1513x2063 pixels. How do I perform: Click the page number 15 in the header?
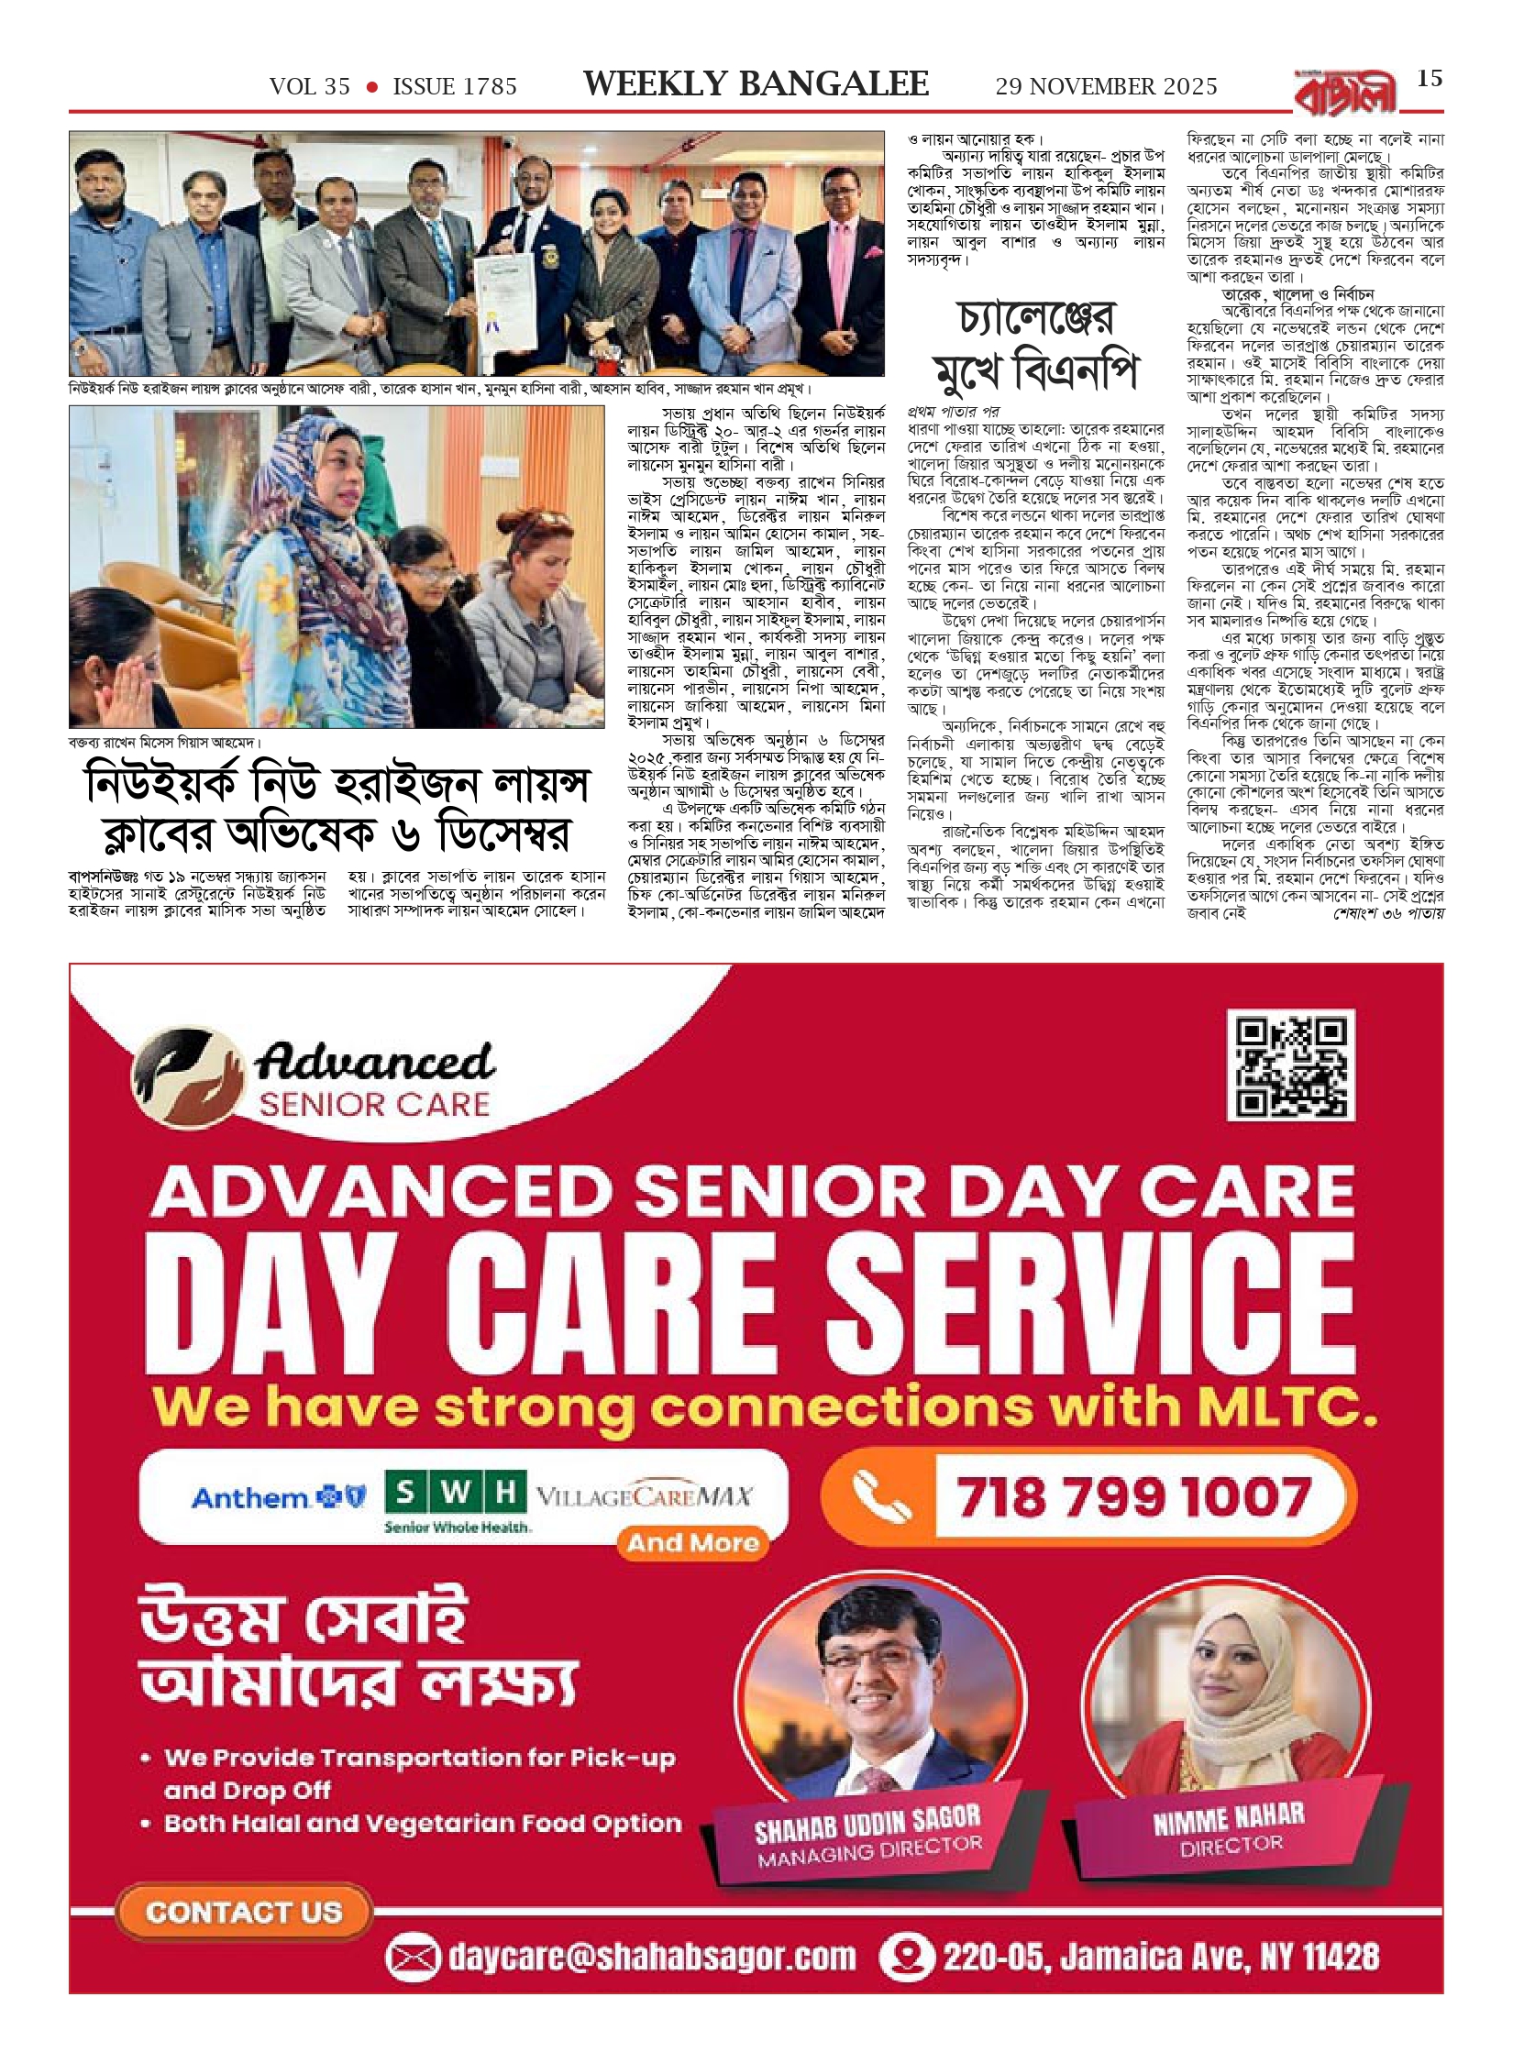[x=1430, y=79]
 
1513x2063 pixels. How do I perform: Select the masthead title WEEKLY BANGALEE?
[x=756, y=84]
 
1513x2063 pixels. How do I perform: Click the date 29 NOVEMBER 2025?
[x=1106, y=86]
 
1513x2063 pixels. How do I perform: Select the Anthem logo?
[x=278, y=1498]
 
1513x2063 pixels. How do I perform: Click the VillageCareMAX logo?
[x=643, y=1497]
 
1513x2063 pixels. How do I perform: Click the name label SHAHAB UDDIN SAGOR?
[x=867, y=1826]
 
